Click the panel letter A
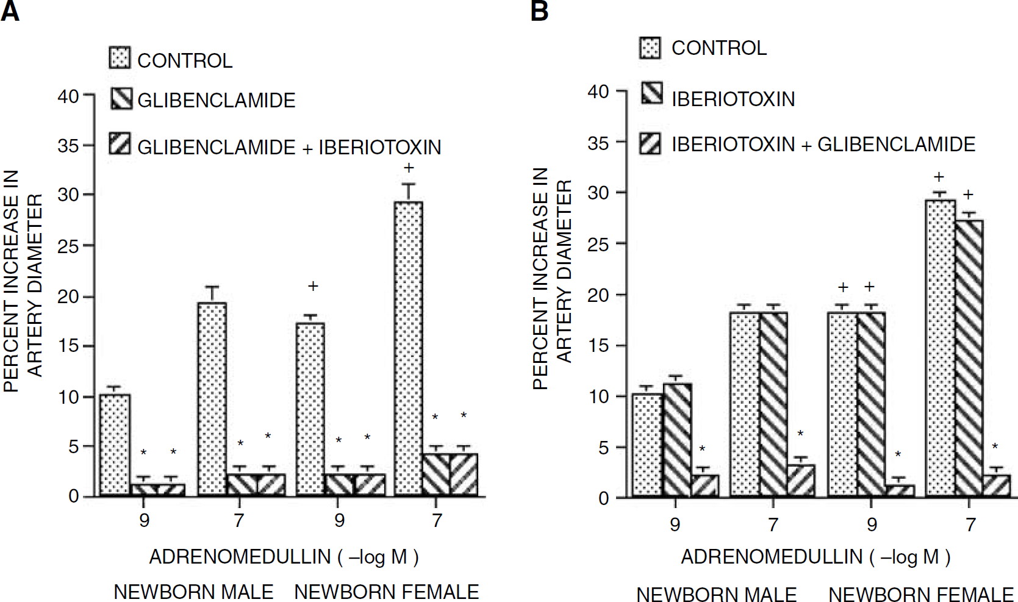click(x=10, y=11)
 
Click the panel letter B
click(x=540, y=11)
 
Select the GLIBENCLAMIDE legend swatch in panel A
click(x=121, y=98)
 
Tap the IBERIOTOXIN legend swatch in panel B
click(x=652, y=93)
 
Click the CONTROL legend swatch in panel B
click(x=650, y=48)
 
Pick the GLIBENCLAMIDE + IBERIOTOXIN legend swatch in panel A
click(x=120, y=143)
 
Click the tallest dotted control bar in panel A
click(x=408, y=348)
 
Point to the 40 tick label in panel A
click(x=68, y=96)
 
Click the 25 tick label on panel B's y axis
click(x=598, y=245)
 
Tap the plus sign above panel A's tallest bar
click(x=409, y=168)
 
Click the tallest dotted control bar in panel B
click(x=940, y=348)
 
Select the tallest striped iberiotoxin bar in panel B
click(x=969, y=358)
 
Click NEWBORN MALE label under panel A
click(x=193, y=592)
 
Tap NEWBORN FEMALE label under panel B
click(x=920, y=594)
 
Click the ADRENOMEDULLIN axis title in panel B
click(x=815, y=557)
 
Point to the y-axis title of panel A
click(x=23, y=281)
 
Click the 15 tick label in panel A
click(x=68, y=346)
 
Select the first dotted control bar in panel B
click(x=647, y=445)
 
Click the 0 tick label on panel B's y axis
click(x=603, y=498)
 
